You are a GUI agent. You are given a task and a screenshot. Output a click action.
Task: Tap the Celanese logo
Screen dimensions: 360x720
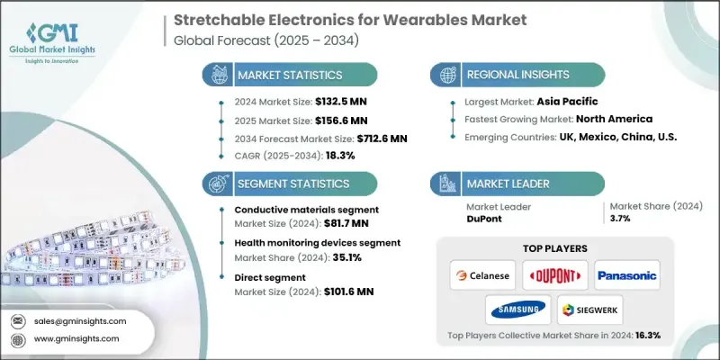pos(481,274)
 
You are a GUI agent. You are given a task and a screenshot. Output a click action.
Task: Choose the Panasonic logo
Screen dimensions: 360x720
pos(627,274)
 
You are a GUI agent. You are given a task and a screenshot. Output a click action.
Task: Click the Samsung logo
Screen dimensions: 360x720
pos(517,310)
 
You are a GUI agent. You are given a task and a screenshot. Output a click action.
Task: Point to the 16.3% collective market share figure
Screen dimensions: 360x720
pos(646,336)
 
